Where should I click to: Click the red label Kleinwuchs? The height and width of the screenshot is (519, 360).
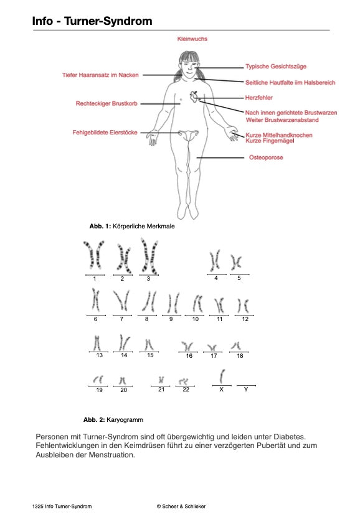point(192,39)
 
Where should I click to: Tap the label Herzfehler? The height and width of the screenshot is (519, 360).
point(258,98)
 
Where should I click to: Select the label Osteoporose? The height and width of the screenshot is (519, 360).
point(266,157)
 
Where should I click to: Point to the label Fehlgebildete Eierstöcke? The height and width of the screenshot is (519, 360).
point(105,133)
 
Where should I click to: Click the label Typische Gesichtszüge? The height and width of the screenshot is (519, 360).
point(275,67)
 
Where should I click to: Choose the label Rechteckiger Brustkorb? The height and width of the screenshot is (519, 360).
point(107,103)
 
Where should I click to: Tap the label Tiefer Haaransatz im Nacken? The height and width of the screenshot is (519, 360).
point(100,75)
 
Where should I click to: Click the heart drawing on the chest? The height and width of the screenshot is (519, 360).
point(194,96)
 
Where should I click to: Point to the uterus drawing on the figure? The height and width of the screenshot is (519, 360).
point(189,135)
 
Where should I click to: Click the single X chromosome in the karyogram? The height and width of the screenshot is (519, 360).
point(222,376)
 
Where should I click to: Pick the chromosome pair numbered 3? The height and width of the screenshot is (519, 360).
point(149,256)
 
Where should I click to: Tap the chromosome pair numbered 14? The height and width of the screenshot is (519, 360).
point(124,342)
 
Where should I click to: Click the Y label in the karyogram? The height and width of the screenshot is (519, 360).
point(246,390)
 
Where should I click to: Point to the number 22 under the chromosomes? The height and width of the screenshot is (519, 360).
point(186,390)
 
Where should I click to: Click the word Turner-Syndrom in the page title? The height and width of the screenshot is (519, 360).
point(108,21)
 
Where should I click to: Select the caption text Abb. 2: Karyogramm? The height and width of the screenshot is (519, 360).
point(113,419)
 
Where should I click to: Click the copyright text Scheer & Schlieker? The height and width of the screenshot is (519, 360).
point(181,507)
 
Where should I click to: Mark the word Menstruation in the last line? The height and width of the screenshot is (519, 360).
point(112,455)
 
